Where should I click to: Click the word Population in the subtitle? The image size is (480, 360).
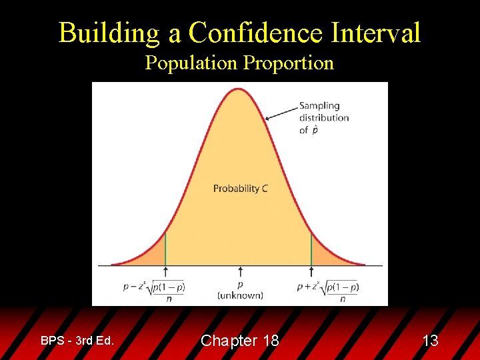point(191,63)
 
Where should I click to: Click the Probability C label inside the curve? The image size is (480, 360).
point(240,189)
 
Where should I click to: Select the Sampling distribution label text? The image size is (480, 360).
point(324,117)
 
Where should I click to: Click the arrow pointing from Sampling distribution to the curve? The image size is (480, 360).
point(281,112)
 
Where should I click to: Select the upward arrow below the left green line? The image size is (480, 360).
point(165,272)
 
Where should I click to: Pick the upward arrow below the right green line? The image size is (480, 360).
point(311,272)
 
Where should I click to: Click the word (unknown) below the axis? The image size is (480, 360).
point(240,295)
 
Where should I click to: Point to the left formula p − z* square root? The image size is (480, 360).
point(154,289)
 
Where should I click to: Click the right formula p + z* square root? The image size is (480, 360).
point(328,289)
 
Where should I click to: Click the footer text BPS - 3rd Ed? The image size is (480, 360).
point(77,341)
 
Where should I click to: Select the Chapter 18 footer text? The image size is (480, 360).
point(240,341)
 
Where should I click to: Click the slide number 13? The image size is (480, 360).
point(430,341)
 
